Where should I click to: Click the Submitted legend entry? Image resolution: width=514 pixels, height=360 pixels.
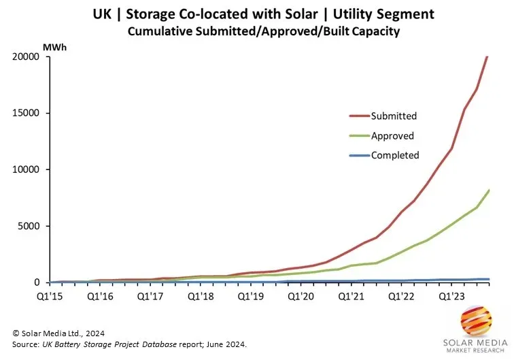click(394, 116)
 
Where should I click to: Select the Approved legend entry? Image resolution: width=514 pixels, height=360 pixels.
click(392, 136)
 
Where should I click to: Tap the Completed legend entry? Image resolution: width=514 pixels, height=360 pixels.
click(395, 155)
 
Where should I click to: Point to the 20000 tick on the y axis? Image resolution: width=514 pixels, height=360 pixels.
click(31, 57)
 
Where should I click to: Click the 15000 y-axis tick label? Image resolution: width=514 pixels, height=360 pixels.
click(31, 114)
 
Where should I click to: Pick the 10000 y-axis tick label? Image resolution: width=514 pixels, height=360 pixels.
click(31, 170)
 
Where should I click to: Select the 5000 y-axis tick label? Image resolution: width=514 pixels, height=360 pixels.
click(33, 226)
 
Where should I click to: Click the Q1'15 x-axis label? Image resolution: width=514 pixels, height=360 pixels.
click(50, 297)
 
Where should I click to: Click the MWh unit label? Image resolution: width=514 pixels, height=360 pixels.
click(54, 47)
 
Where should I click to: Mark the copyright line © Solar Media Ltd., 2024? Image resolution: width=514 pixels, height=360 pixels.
click(58, 332)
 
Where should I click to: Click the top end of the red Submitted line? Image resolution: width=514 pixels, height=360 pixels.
click(487, 57)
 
